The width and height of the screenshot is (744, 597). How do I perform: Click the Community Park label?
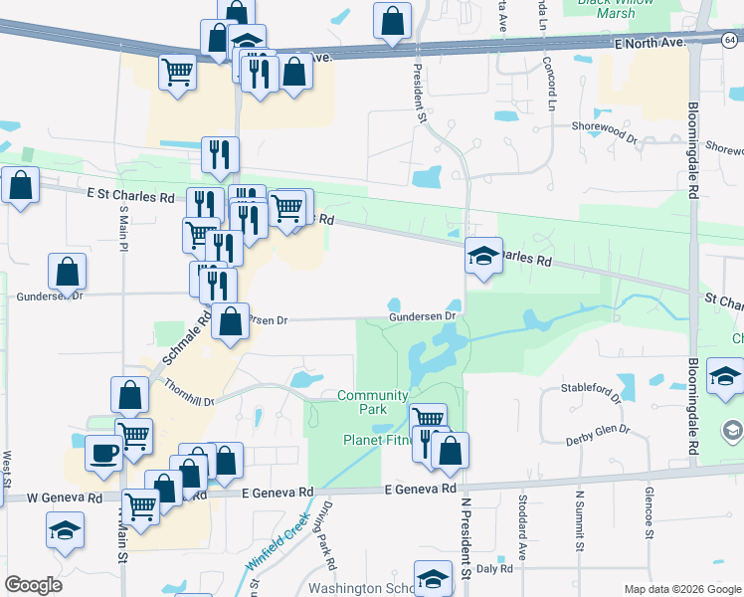[373, 402]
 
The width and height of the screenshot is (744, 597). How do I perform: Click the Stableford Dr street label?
[590, 389]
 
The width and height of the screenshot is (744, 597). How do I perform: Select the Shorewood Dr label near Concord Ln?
[604, 127]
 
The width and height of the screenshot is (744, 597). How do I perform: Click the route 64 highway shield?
[730, 39]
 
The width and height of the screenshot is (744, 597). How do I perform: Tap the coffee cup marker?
[103, 453]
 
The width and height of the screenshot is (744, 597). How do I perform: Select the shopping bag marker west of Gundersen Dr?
[67, 271]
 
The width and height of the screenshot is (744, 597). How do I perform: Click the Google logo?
[33, 585]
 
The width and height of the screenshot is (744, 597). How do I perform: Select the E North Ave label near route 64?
[651, 44]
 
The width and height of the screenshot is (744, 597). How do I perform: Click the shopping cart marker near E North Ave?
[177, 71]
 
